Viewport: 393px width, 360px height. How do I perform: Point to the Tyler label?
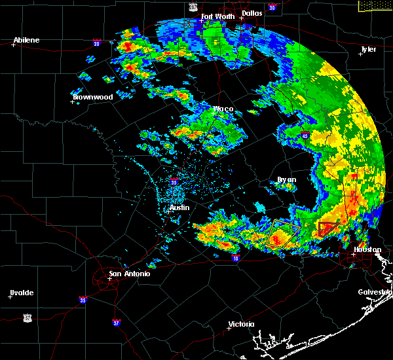pyautogui.click(x=369, y=49)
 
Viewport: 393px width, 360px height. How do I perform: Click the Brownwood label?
pyautogui.click(x=92, y=97)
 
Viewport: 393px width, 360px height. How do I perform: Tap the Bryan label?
pyautogui.click(x=286, y=179)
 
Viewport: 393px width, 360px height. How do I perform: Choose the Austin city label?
pyautogui.click(x=179, y=207)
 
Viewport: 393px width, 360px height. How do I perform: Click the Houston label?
pyautogui.click(x=367, y=249)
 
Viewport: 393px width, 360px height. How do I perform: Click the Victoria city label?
pyautogui.click(x=241, y=325)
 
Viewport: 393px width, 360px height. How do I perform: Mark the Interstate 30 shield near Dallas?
pyautogui.click(x=272, y=7)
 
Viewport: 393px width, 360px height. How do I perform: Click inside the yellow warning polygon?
pyautogui.click(x=283, y=233)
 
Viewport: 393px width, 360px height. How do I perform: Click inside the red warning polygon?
pyautogui.click(x=327, y=229)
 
